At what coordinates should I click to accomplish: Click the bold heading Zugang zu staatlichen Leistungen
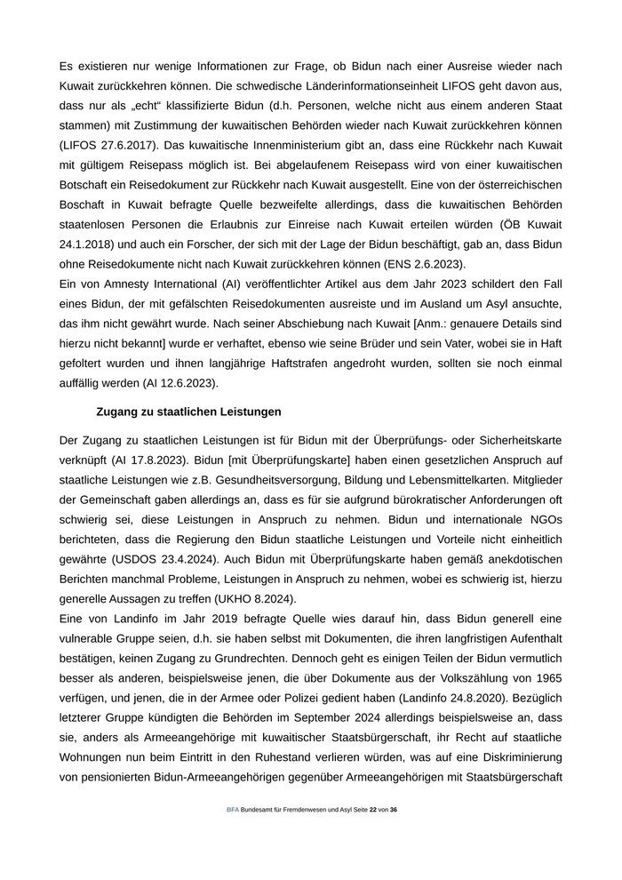[188, 412]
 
